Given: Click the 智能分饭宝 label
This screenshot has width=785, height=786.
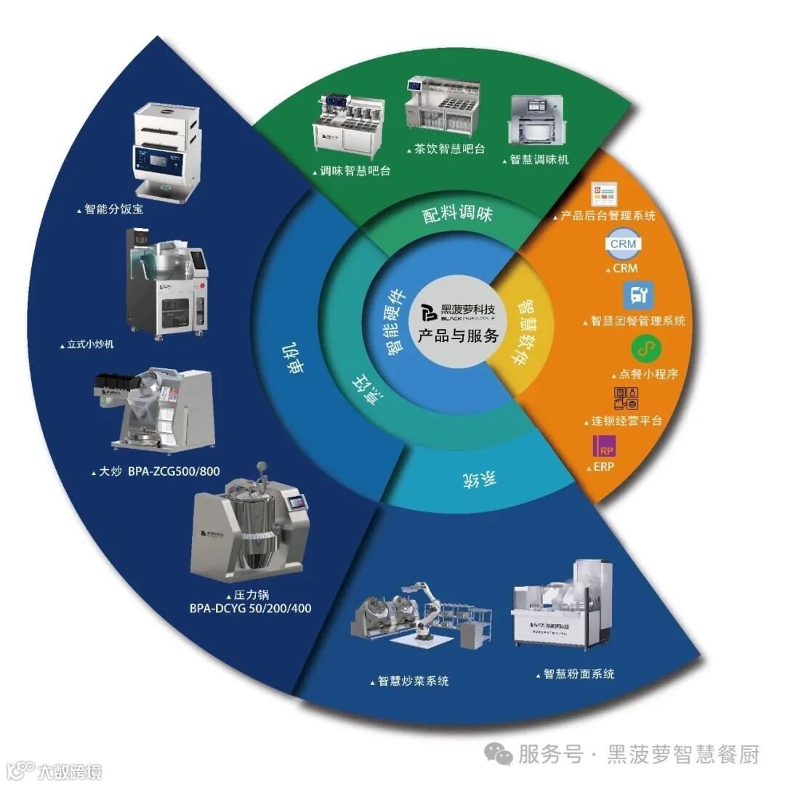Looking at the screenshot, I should click(x=113, y=209).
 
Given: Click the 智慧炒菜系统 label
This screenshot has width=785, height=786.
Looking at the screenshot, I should click(x=412, y=681).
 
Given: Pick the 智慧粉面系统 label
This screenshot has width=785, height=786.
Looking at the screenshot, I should click(x=579, y=674).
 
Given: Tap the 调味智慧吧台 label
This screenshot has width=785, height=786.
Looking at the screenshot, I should click(x=355, y=171).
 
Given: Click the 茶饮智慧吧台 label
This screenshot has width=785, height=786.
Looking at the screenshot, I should click(x=448, y=149).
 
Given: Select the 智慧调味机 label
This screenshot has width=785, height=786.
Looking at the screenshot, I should click(x=539, y=158).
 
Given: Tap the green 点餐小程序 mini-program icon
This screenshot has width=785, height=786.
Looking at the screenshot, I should click(x=642, y=349).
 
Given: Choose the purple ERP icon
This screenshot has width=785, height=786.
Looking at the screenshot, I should click(x=604, y=447).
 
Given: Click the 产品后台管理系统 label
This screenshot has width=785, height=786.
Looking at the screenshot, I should click(x=608, y=216).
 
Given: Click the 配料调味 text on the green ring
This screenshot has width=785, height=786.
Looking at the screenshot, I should click(x=459, y=214).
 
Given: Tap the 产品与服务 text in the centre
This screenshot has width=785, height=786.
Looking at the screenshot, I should click(x=458, y=336).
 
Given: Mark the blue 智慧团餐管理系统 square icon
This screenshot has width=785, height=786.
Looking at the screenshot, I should click(x=639, y=296).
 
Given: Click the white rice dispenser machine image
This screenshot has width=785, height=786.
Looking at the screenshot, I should click(x=165, y=153).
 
